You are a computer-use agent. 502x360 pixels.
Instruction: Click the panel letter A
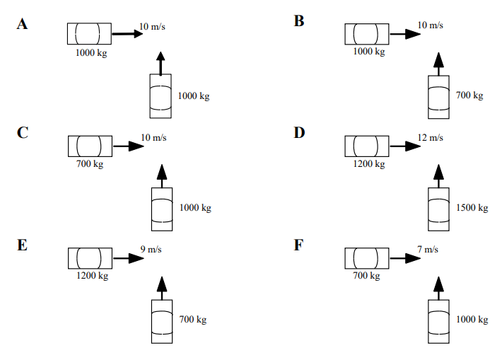pos(23,23)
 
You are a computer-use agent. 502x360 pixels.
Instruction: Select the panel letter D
pos(300,132)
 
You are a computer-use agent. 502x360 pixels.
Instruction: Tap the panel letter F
pos(299,245)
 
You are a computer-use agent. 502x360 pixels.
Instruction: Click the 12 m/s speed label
pos(429,137)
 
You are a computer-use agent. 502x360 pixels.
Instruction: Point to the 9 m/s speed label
pos(151,249)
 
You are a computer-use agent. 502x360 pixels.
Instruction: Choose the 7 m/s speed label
pos(427,249)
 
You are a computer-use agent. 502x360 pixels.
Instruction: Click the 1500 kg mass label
pos(473,207)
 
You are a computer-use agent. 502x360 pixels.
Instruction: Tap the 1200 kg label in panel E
pos(92,276)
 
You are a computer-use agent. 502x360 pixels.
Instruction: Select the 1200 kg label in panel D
pos(368,164)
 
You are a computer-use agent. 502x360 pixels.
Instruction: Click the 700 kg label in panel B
pos(469,95)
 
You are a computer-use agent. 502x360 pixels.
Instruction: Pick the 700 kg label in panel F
pos(366,276)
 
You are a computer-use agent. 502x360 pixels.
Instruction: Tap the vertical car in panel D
pos(438,209)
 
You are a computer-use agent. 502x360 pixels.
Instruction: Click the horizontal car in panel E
pos(89,258)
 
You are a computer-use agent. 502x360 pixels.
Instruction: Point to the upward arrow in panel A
pos(161,63)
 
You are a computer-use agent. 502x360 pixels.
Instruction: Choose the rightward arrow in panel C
pos(129,146)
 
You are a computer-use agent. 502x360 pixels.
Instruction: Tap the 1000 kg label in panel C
pos(195,207)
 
